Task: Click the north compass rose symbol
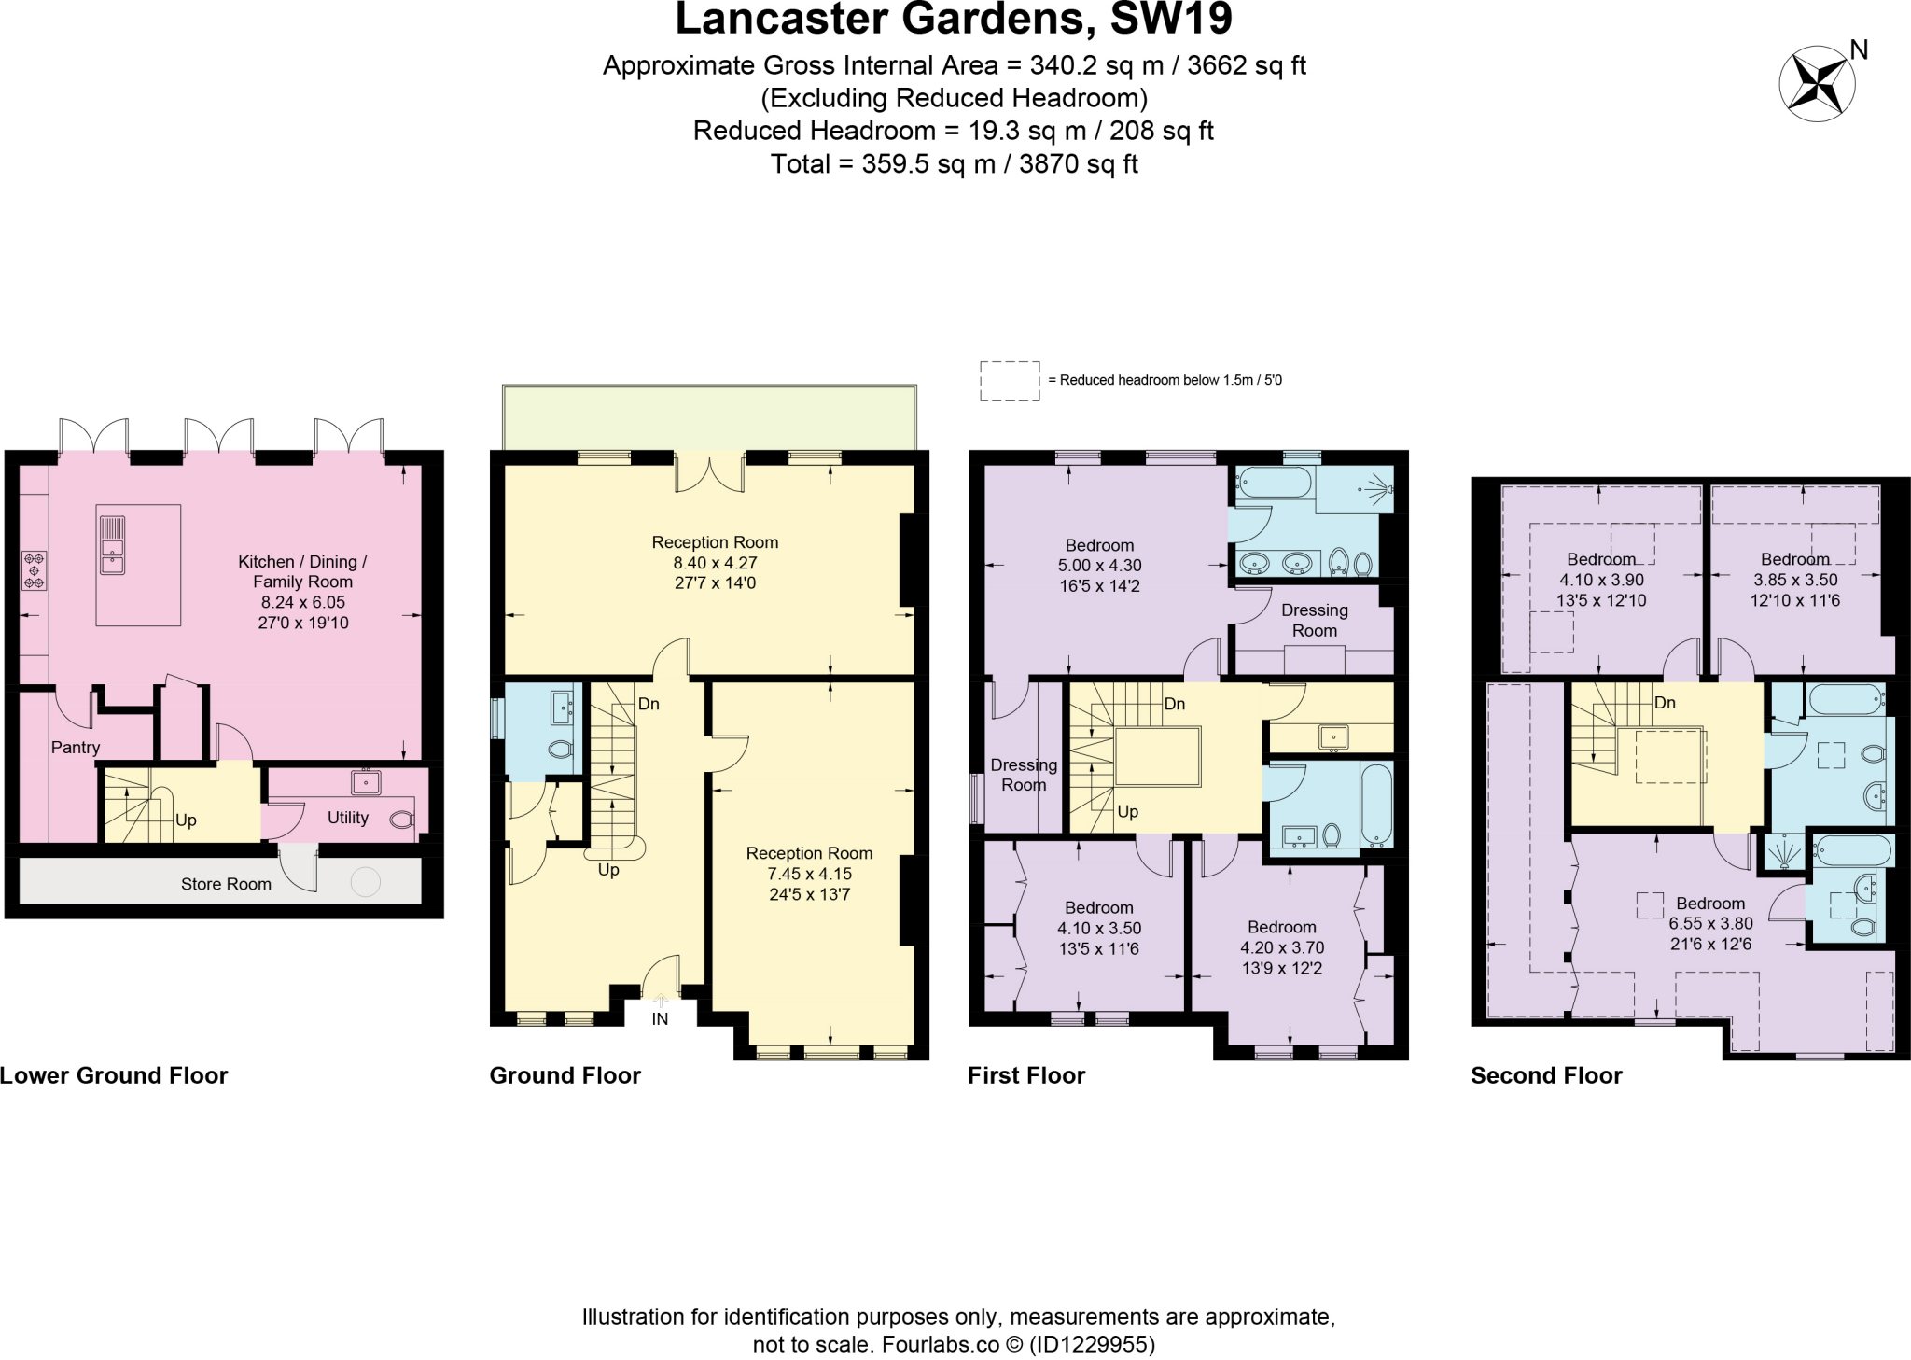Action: pos(1816,84)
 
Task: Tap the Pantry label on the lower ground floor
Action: pos(76,747)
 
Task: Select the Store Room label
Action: pos(226,884)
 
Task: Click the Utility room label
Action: pos(347,818)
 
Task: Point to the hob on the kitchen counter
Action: pos(35,570)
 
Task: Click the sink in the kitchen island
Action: pos(112,545)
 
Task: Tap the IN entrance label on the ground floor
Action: pos(660,1019)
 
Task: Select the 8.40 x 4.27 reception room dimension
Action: pos(715,563)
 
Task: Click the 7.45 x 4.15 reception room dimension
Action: pos(809,874)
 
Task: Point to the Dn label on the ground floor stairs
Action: pos(649,704)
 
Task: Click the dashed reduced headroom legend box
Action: pos(1009,381)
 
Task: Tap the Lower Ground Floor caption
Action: pos(114,1075)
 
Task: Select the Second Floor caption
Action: pos(1546,1075)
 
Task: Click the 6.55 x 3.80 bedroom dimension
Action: pos(1710,923)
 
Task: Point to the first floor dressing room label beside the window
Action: pos(1024,775)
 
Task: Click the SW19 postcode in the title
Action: pos(1171,19)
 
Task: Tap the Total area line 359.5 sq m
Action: pos(954,164)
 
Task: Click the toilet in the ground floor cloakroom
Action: pos(560,749)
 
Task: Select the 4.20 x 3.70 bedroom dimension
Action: pos(1281,947)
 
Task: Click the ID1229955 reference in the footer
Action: pos(1092,1344)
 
